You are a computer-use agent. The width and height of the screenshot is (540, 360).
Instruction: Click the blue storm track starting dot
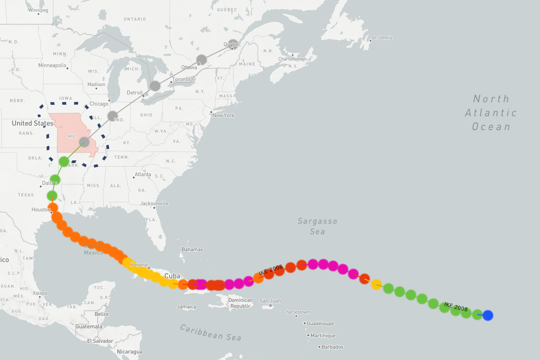coord(488,315)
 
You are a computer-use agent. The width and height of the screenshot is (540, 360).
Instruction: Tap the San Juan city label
coord(270,301)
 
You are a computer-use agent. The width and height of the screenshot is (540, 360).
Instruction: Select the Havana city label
coord(138,265)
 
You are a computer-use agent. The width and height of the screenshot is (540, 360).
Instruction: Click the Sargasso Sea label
coord(317,226)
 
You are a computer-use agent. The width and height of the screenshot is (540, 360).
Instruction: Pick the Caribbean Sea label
coord(211,332)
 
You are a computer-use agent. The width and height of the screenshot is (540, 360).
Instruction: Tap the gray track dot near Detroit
coord(155,86)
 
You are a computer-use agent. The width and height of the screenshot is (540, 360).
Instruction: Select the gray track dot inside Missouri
coord(84,142)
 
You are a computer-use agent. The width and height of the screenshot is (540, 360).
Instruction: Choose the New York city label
coord(223,115)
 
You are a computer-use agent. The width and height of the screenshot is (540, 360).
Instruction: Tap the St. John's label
coord(382,38)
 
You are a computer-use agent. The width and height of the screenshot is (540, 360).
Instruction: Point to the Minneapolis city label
coord(52,65)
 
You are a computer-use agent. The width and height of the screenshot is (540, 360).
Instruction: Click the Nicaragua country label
coord(130,352)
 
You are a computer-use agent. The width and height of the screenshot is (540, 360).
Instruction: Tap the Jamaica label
coord(186,307)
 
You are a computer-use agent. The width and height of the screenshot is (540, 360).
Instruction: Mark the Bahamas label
coord(192,250)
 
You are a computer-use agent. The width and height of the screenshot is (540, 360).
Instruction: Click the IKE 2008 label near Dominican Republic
coord(270,270)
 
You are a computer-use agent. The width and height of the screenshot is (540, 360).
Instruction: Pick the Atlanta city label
coord(142,174)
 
